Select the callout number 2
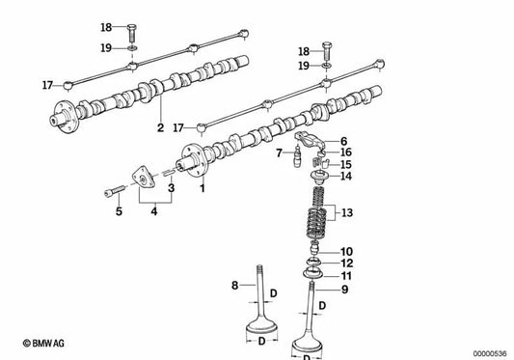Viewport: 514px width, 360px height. (160, 126)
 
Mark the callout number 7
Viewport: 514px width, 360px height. (278, 153)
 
